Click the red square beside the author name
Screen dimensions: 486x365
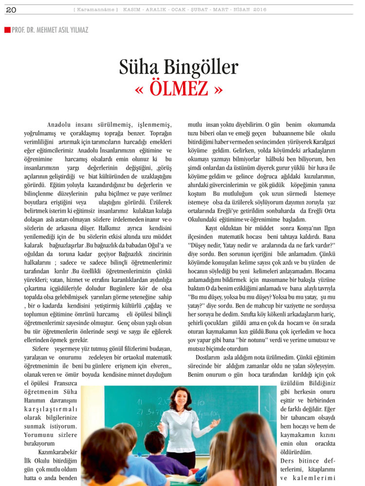click(x=7, y=30)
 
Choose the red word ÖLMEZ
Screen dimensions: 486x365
click(x=179, y=89)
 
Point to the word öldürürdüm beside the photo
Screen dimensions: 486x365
click(x=297, y=452)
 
